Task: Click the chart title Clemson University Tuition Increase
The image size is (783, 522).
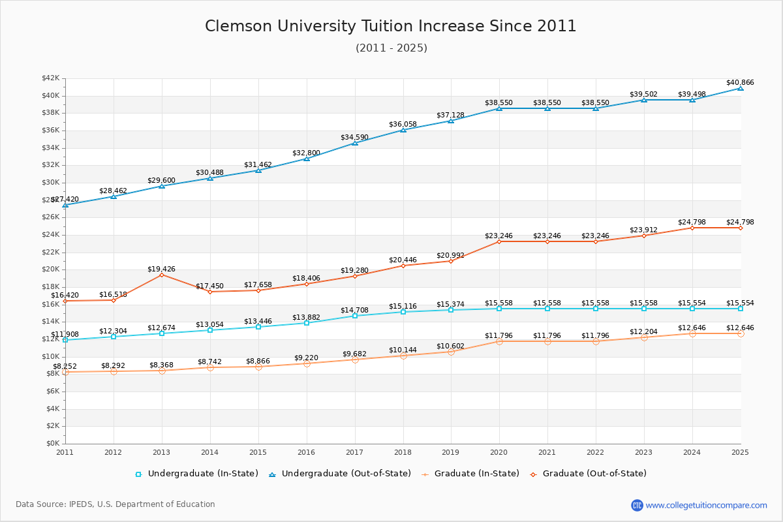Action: [x=390, y=26]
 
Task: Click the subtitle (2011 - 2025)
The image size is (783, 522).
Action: [x=391, y=48]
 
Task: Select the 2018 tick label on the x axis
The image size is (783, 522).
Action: [x=403, y=452]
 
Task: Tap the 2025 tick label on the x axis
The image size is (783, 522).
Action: [x=740, y=452]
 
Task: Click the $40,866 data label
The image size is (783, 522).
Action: [x=739, y=83]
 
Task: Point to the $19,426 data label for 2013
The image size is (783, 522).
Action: [x=161, y=269]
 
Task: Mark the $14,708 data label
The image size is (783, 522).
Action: [x=354, y=310]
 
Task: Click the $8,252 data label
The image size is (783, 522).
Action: [x=65, y=366]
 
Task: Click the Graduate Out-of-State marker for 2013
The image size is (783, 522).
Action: [x=162, y=275]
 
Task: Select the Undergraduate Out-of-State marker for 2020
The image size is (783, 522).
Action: [x=499, y=108]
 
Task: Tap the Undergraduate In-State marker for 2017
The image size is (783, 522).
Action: [x=355, y=316]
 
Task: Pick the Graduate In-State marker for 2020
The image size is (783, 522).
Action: [x=499, y=341]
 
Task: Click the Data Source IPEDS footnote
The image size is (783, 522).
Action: [x=115, y=504]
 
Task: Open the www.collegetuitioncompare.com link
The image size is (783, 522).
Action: [x=706, y=505]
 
